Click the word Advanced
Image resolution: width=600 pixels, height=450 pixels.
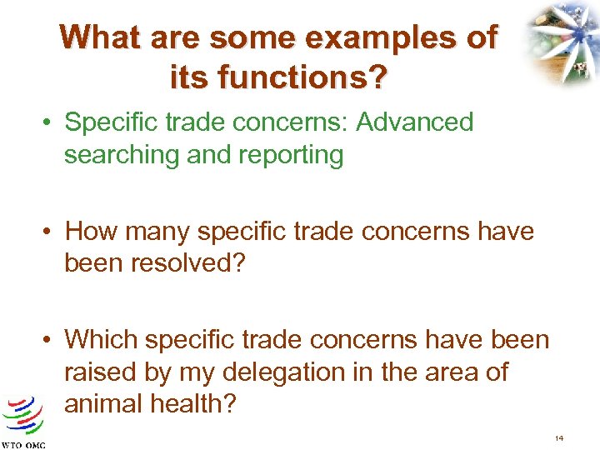coord(414,122)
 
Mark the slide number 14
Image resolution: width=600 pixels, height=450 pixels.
coord(560,437)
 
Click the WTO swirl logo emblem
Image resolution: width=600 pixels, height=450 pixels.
coord(23,415)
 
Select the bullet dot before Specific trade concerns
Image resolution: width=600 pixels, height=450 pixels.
coord(51,123)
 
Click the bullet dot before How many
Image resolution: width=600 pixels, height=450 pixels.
coord(51,232)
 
